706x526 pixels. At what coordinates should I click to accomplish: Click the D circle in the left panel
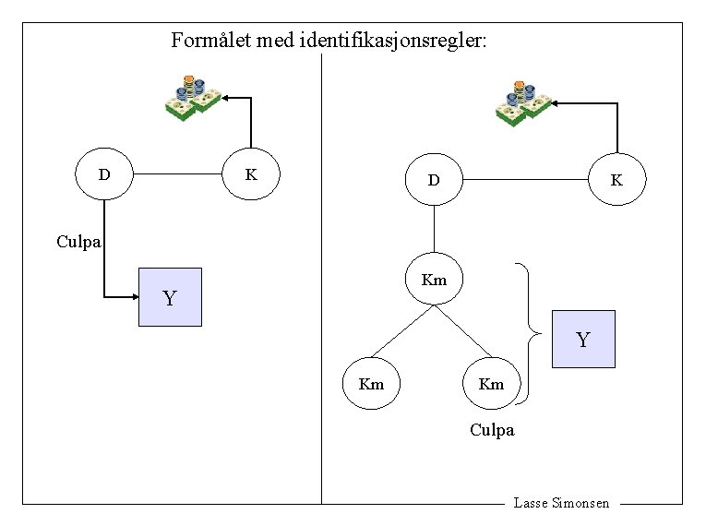(105, 173)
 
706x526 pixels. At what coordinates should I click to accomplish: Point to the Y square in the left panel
(170, 297)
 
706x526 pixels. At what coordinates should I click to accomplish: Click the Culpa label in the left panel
(79, 243)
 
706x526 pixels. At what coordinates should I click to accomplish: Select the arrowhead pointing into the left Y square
(132, 297)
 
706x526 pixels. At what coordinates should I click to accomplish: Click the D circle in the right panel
(434, 180)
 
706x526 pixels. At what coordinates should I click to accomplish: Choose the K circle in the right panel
(616, 180)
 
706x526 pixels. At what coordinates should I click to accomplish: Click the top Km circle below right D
(434, 280)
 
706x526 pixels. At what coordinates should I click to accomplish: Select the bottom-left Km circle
(371, 383)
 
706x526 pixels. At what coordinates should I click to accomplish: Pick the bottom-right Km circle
(491, 383)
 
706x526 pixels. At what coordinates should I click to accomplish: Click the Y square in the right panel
(583, 340)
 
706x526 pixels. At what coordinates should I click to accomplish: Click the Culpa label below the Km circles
(492, 430)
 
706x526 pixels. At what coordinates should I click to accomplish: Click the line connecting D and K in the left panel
(179, 173)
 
